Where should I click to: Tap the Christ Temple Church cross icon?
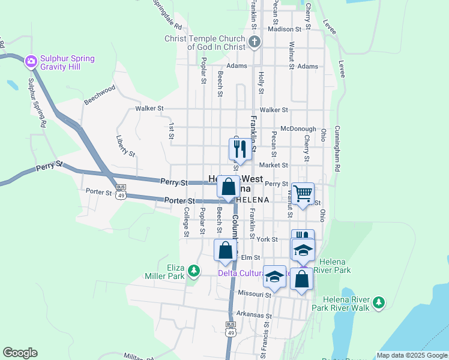click(x=255, y=42)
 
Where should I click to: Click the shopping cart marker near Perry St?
click(x=303, y=193)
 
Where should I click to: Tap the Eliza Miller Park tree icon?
click(x=193, y=271)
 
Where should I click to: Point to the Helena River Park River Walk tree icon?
click(x=378, y=302)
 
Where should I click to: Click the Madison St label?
click(x=284, y=29)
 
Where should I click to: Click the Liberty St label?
click(x=125, y=145)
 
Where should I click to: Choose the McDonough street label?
click(x=298, y=128)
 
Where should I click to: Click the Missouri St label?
click(x=255, y=294)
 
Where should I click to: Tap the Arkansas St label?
click(x=254, y=315)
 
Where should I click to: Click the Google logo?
click(x=20, y=353)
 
